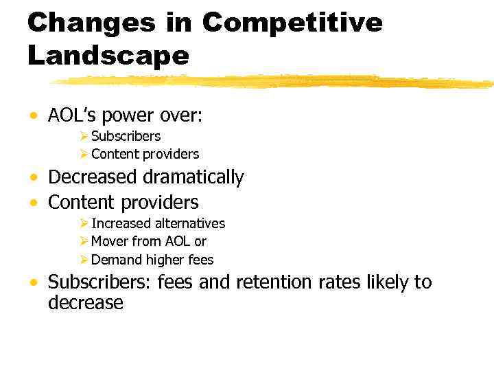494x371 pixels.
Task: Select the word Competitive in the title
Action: pyautogui.click(x=292, y=23)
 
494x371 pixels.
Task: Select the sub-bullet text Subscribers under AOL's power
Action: pyautogui.click(x=126, y=136)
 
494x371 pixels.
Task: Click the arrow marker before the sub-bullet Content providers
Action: pyautogui.click(x=84, y=154)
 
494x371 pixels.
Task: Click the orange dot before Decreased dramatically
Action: pyautogui.click(x=34, y=179)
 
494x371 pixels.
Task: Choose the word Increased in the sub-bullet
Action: pyautogui.click(x=121, y=223)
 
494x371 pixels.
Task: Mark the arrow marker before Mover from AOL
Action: pyautogui.click(x=84, y=241)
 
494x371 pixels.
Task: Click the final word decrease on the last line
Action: pyautogui.click(x=85, y=303)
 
